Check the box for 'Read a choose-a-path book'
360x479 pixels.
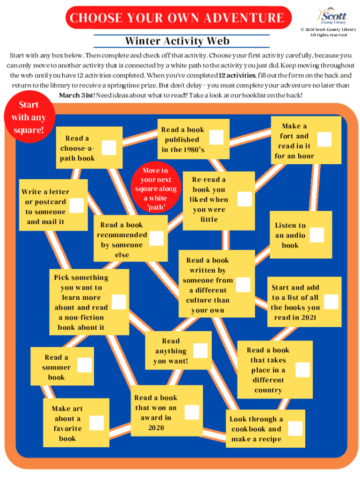[x=109, y=148]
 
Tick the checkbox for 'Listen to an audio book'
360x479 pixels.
[x=317, y=235]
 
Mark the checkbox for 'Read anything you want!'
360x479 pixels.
[x=200, y=351]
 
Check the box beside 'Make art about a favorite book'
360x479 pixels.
[x=96, y=423]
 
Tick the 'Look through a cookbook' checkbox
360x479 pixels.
[x=295, y=428]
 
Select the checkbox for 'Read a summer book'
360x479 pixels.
[x=84, y=365]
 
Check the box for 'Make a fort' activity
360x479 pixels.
[x=324, y=139]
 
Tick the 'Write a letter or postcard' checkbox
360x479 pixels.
[x=76, y=205]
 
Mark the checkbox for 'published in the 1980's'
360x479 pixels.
[x=216, y=137]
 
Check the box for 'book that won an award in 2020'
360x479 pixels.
[x=192, y=412]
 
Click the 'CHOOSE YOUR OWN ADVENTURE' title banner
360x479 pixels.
[x=177, y=18]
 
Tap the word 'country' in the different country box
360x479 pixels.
[x=268, y=390]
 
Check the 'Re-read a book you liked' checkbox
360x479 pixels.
[x=244, y=199]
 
